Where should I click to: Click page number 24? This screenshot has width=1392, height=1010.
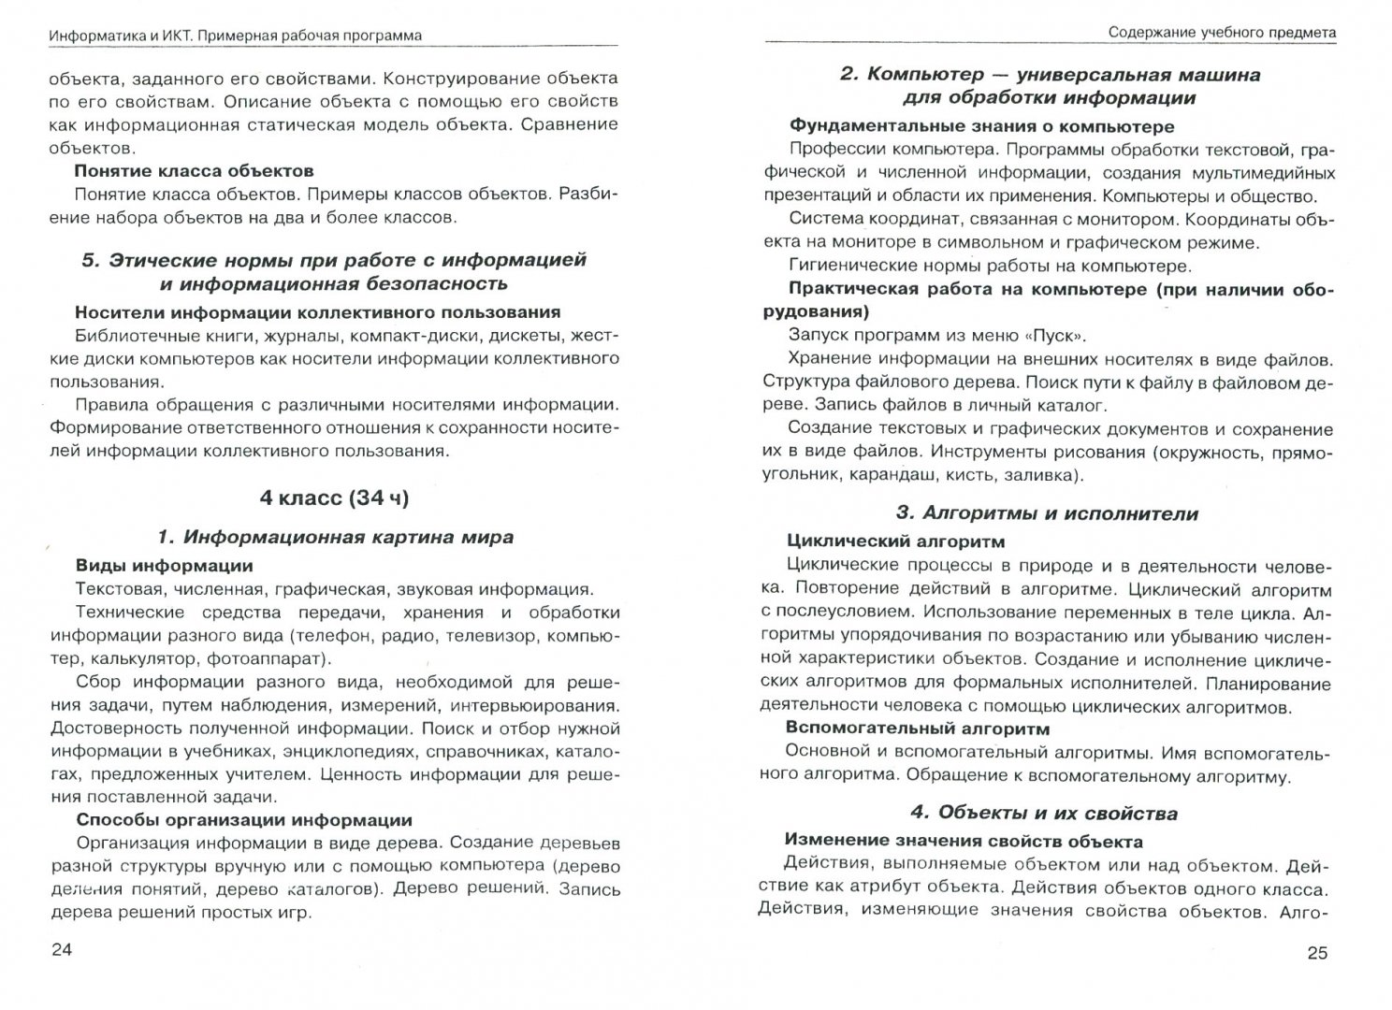point(61,950)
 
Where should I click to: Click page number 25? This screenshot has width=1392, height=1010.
point(1316,953)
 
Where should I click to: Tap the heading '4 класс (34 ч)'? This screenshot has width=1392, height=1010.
point(335,498)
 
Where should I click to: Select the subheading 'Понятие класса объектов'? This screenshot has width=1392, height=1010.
point(194,171)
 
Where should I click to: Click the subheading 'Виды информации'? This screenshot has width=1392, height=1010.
point(164,566)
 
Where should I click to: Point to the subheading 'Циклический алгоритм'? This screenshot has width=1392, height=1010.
point(895,541)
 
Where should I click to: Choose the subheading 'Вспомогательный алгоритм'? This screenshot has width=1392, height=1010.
point(917,729)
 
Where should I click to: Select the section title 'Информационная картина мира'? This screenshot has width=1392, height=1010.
point(347,538)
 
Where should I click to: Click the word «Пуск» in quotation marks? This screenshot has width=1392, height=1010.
point(1051,335)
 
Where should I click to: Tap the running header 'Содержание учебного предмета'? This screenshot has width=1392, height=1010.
point(1222,33)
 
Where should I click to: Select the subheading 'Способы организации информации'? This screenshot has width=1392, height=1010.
point(243,820)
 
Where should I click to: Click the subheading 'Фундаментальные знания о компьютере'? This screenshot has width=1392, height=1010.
point(981,125)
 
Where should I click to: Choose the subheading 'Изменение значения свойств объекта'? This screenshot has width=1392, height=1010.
point(964,841)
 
